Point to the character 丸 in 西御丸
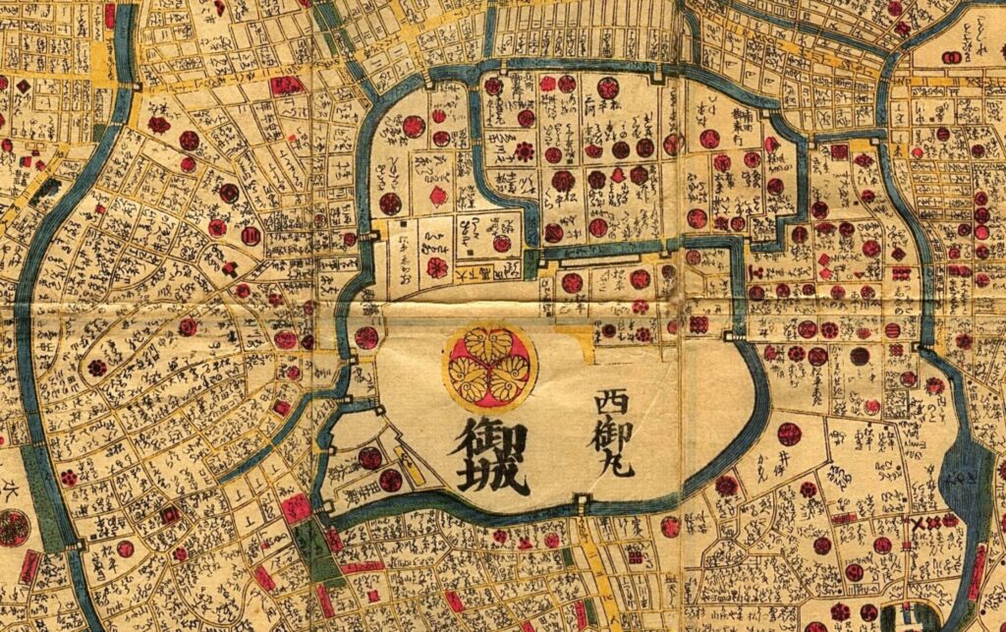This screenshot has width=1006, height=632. (x=619, y=459)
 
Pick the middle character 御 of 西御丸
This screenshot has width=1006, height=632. (x=614, y=430)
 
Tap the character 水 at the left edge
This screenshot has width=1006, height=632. (x=12, y=488)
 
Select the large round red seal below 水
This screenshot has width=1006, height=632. (x=13, y=528)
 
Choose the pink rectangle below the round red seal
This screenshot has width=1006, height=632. (x=29, y=568)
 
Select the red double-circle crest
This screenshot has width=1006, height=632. (x=251, y=236)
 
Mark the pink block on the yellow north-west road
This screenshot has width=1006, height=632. (x=286, y=86)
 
